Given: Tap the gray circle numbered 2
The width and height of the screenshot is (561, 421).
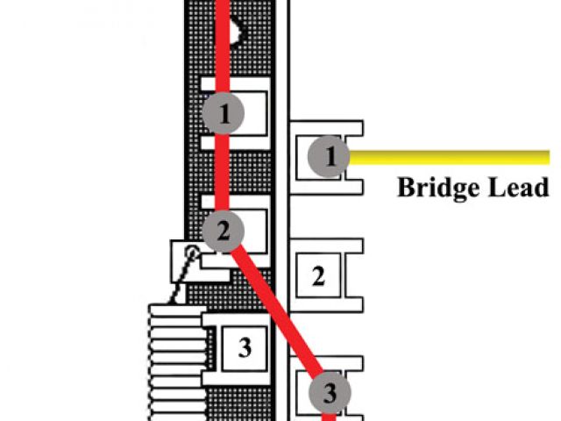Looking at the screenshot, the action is pos(223,231).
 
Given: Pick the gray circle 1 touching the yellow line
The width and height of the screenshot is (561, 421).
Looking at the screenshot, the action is pos(330,158).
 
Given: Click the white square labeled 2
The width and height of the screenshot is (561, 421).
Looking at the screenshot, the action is pos(319,277).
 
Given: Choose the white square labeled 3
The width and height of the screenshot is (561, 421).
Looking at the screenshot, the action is pos(245,347).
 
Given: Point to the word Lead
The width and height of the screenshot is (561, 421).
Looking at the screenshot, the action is pos(518,188).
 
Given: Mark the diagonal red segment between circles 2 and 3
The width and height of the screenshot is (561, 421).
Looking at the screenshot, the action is pos(276,311).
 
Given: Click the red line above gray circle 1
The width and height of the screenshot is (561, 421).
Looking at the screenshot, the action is pos(223,44).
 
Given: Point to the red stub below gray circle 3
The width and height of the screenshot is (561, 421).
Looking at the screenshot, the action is pos(330,416).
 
